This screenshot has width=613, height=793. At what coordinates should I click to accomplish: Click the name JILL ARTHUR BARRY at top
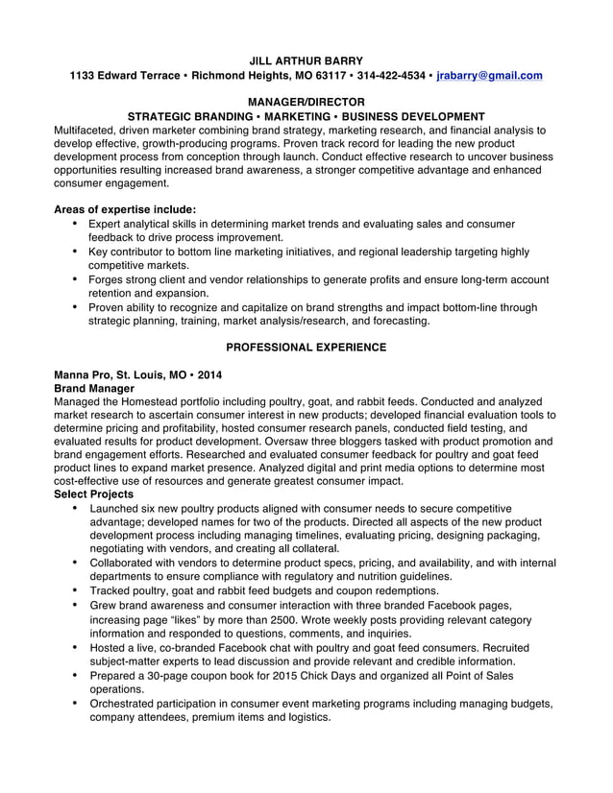pyautogui.click(x=306, y=60)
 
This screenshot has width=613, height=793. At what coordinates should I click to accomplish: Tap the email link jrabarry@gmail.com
pyautogui.click(x=490, y=75)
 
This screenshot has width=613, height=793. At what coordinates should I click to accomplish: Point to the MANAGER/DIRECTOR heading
pyautogui.click(x=306, y=102)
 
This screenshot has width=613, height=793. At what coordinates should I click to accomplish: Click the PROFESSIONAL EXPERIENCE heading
pyautogui.click(x=306, y=347)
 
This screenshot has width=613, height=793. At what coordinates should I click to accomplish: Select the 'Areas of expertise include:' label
pyautogui.click(x=125, y=209)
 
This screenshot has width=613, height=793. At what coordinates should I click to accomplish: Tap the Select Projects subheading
pyautogui.click(x=93, y=493)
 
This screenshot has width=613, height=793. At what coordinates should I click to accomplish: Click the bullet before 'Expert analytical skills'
pyautogui.click(x=76, y=223)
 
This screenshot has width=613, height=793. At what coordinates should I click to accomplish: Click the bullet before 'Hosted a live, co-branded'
pyautogui.click(x=76, y=648)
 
